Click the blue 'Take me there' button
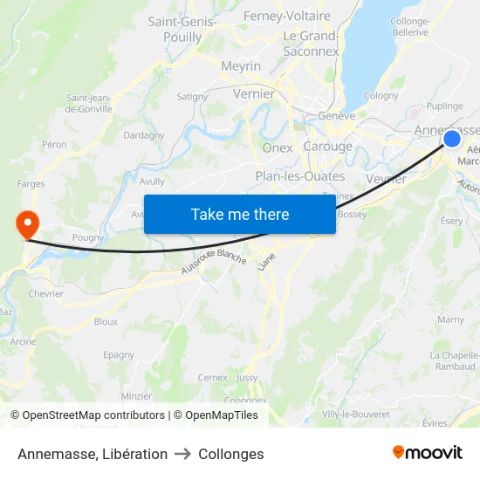[x=239, y=214]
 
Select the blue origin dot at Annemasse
[x=452, y=139]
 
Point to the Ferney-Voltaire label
[x=287, y=16]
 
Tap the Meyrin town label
[x=241, y=66]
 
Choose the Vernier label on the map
[x=254, y=93]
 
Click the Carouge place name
[x=327, y=147]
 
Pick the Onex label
[x=278, y=148]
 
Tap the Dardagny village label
[x=144, y=135]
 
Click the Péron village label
[x=54, y=144]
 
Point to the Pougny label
[x=89, y=237]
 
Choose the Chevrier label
[x=45, y=294]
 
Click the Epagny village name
[x=119, y=355]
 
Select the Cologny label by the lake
[x=381, y=96]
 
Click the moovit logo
[x=428, y=453]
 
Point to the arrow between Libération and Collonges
[x=183, y=454]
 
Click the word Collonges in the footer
[x=231, y=454]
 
